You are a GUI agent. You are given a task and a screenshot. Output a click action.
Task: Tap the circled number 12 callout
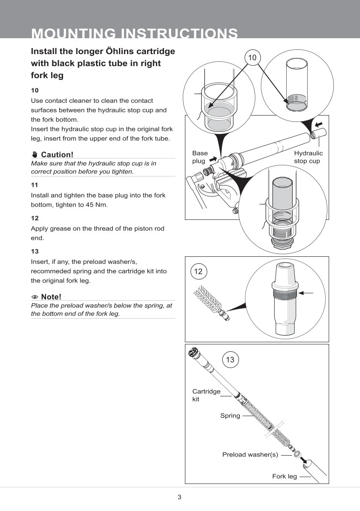[198, 271]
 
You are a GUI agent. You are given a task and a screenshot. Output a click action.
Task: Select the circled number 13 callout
[230, 359]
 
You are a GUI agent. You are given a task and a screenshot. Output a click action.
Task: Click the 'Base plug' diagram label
[200, 157]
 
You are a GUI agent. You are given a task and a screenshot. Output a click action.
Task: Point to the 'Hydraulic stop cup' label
[308, 157]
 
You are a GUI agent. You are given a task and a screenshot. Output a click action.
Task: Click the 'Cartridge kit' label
[206, 395]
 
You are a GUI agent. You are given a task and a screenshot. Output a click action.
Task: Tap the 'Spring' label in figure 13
[230, 416]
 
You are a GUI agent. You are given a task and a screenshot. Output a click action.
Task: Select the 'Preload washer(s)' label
[250, 454]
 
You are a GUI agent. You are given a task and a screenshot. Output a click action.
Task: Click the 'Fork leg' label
[284, 476]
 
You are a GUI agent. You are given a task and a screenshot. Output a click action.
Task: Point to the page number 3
[179, 497]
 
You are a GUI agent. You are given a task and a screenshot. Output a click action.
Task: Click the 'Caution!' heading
[57, 155]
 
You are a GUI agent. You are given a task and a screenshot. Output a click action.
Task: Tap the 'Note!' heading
[51, 297]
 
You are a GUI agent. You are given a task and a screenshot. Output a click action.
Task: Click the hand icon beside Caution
[35, 155]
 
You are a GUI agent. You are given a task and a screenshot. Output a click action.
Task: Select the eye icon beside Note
[35, 297]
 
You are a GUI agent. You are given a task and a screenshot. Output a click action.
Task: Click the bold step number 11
[35, 185]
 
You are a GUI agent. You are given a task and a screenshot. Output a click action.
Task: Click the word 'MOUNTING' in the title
[73, 34]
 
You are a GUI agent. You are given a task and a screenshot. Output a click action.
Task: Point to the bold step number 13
[35, 251]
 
